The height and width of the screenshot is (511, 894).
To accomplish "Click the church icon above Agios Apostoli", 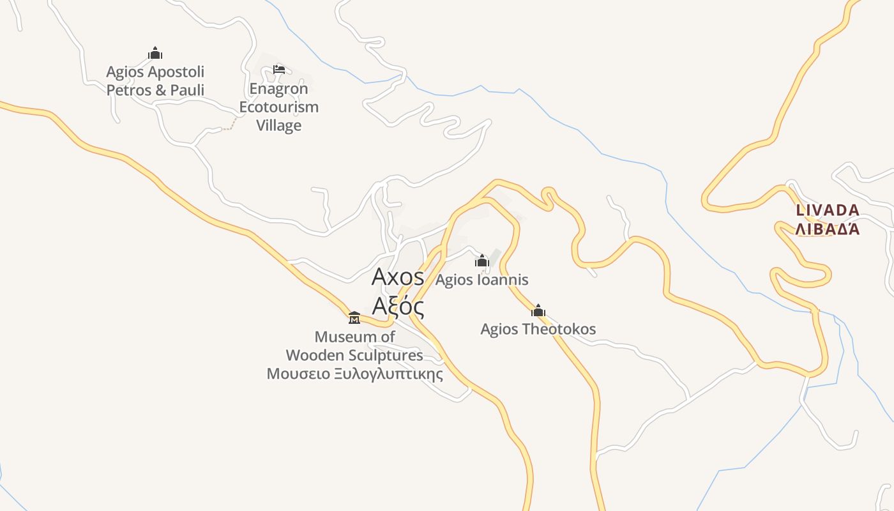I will pos(155,53).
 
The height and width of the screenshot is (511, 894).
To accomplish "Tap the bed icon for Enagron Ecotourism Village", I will pos(278,69).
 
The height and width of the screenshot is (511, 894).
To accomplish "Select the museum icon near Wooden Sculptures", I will pos(354,317).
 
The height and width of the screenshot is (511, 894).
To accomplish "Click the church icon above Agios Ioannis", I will pos(482,261).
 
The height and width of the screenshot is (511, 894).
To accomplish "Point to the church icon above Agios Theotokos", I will pos(538,310).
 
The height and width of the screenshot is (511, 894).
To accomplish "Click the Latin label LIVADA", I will pos(828,210).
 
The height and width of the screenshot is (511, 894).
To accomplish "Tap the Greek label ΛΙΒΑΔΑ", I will pos(828,229).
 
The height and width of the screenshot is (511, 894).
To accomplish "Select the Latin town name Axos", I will pos(398,277).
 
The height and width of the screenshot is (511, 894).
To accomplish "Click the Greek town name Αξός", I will pos(398,307).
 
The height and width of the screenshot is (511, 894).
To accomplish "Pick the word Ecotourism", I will pos(278,107).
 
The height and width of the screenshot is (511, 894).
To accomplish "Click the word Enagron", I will pos(278,88).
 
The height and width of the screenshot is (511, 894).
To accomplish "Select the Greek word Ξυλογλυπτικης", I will pos(388,374).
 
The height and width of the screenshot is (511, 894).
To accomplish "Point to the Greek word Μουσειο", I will pos(298,374).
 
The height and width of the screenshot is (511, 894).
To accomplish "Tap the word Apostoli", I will pos(173,72).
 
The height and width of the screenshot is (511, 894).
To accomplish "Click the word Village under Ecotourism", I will pos(278,125).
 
